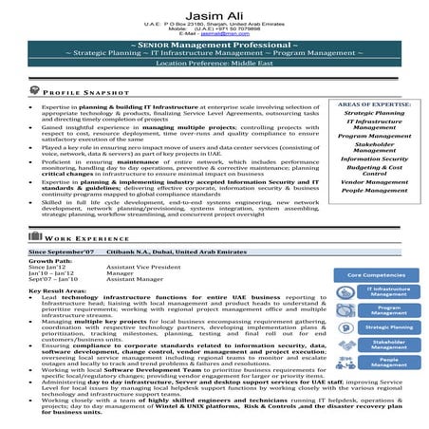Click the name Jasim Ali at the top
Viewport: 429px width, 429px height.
click(214, 9)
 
